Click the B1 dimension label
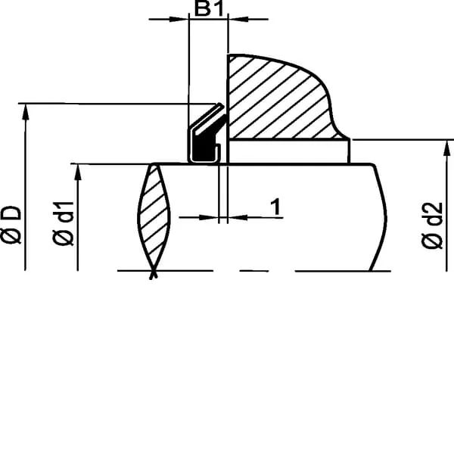tap(209, 8)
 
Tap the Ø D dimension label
tap(11, 225)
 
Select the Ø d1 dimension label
tap(63, 223)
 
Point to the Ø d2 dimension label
tap(432, 225)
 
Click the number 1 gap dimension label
tap(276, 207)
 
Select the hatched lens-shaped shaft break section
tap(154, 217)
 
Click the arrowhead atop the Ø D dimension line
tap(26, 111)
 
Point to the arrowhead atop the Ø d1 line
tap(78, 173)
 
